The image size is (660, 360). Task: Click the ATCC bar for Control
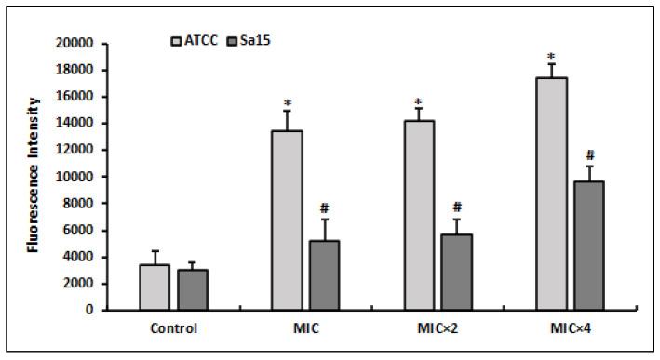coord(155,287)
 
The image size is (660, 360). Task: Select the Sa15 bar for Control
coord(192,289)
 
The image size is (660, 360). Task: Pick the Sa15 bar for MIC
coord(324,275)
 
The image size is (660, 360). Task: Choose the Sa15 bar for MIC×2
coord(456,273)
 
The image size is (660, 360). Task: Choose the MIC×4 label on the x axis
coord(570,327)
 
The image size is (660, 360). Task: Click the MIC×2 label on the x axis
coord(438,327)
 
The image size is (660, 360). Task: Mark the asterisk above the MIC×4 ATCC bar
coord(551,56)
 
